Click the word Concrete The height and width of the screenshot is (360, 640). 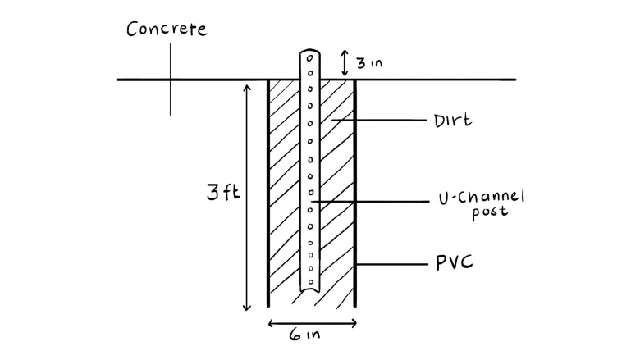167,30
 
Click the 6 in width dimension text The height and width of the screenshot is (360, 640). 309,336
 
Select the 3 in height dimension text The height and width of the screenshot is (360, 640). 370,62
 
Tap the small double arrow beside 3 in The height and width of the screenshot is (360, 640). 345,62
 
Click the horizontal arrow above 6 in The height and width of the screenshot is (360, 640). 312,322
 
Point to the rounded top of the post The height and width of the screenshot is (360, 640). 311,53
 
